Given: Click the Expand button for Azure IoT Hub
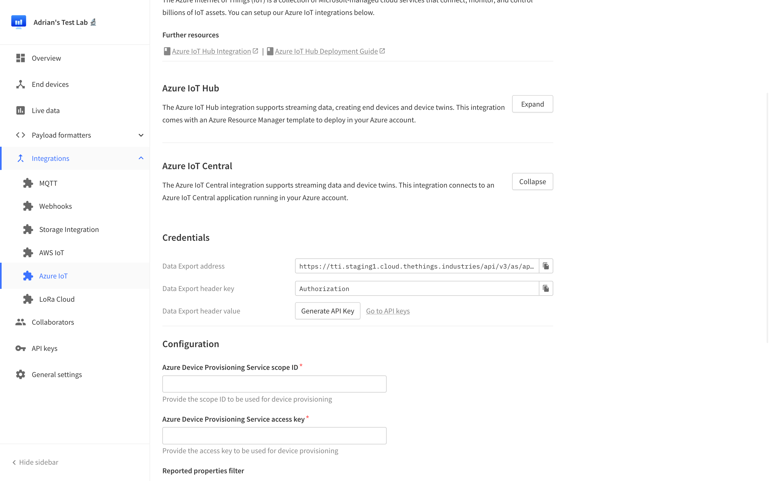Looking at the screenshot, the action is (532, 104).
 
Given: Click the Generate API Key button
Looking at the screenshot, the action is (327, 311).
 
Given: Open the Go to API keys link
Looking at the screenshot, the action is (388, 311).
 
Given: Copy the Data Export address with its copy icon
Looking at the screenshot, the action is (546, 266).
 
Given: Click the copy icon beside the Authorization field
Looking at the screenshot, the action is (546, 289).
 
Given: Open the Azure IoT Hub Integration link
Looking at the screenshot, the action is (211, 51).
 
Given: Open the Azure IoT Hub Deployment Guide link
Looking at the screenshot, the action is (326, 51).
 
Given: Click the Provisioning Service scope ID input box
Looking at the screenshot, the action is (274, 384).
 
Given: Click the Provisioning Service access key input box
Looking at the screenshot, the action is (274, 436).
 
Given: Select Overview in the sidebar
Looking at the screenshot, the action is (46, 58).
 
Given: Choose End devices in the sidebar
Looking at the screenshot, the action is (50, 84).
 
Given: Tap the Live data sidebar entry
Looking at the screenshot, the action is (46, 110).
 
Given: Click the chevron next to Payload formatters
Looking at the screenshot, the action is (141, 135).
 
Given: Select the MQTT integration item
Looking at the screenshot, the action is (48, 183).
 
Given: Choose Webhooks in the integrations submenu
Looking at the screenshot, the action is (56, 206).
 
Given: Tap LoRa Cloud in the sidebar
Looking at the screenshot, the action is (57, 299).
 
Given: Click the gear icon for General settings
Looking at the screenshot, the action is (21, 374).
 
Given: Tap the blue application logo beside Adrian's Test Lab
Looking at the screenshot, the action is (19, 22).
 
